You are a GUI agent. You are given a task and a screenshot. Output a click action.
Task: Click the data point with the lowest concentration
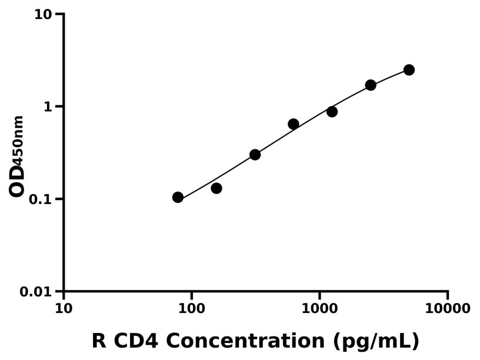pyautogui.click(x=178, y=197)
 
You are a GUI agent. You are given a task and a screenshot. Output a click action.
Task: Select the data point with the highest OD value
pyautogui.click(x=409, y=70)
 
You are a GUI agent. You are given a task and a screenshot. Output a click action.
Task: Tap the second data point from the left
pyautogui.click(x=216, y=188)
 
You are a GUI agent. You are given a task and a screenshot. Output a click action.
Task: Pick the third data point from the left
pyautogui.click(x=255, y=155)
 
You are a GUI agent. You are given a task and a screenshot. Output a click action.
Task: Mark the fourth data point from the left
pyautogui.click(x=294, y=124)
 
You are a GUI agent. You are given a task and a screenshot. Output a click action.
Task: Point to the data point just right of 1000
pyautogui.click(x=332, y=111)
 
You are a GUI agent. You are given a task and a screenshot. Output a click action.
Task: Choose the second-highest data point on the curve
pyautogui.click(x=371, y=85)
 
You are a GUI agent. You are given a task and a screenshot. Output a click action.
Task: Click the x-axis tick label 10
pyautogui.click(x=64, y=308)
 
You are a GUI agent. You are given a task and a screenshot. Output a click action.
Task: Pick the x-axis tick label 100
pyautogui.click(x=192, y=308)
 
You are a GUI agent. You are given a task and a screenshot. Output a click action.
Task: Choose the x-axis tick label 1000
pyautogui.click(x=319, y=308)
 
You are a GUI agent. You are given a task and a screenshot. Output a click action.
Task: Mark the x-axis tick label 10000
pyautogui.click(x=448, y=308)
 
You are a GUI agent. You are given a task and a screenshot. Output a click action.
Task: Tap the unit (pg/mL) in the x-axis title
pyautogui.click(x=375, y=341)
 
